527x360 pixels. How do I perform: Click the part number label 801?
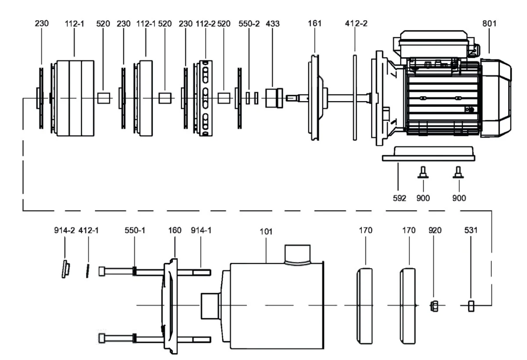click(x=489, y=24)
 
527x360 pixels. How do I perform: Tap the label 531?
click(x=471, y=230)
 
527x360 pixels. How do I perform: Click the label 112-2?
click(x=206, y=24)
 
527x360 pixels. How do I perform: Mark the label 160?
click(x=175, y=230)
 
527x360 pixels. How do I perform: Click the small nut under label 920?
click(x=433, y=305)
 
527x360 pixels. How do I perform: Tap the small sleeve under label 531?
click(x=471, y=305)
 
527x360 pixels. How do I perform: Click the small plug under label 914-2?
click(x=65, y=269)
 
